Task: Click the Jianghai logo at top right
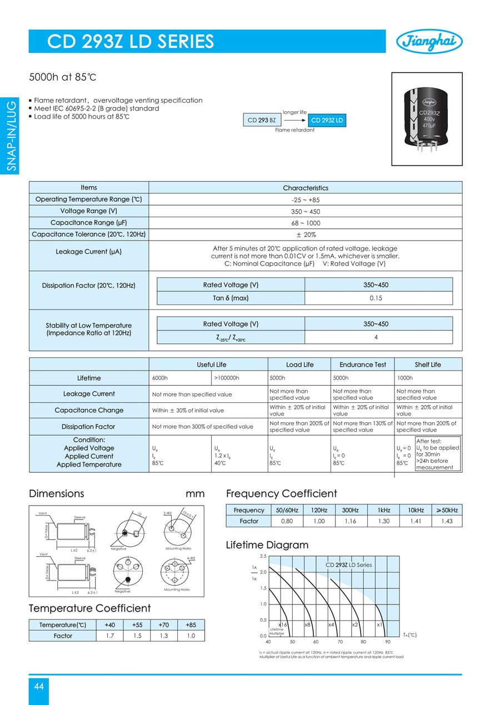click(x=429, y=41)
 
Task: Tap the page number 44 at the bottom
click(x=39, y=687)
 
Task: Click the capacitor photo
click(x=427, y=119)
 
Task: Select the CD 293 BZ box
click(x=262, y=121)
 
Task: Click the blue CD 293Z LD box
click(x=327, y=121)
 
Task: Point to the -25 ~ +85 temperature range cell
click(x=306, y=199)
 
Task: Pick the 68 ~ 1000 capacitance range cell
click(x=306, y=223)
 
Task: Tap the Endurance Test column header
click(x=363, y=364)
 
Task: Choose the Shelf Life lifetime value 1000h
click(x=405, y=378)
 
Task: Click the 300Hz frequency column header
click(x=350, y=510)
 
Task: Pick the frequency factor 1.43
click(x=447, y=522)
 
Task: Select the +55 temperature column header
click(x=137, y=624)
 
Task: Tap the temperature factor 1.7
click(x=110, y=636)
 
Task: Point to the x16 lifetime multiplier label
click(x=282, y=625)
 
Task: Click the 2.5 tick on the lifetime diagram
click(x=263, y=556)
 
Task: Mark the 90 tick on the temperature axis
click(x=387, y=642)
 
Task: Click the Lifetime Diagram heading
click(x=267, y=545)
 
